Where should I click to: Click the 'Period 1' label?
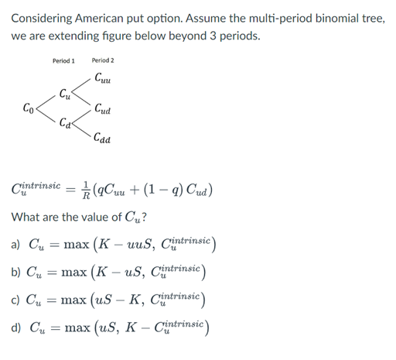(63, 60)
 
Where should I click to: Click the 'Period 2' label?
(102, 60)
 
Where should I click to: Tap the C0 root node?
(28, 107)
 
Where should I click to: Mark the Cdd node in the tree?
(102, 139)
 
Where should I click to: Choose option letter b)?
(16, 275)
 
